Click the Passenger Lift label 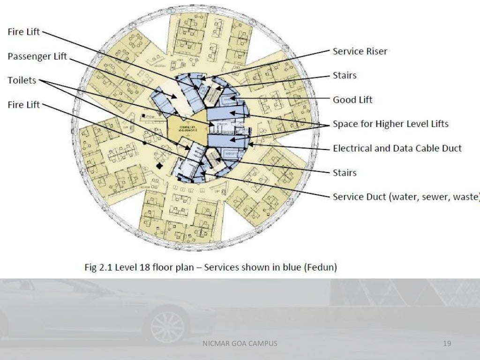pos(37,57)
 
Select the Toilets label pos(22,81)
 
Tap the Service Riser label pos(360,51)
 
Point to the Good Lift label pos(352,100)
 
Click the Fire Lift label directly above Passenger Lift pos(23,32)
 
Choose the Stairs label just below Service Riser pos(345,75)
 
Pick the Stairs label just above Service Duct pos(345,173)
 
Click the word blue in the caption pos(290,268)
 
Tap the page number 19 pos(447,344)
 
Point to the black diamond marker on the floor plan pos(160,166)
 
